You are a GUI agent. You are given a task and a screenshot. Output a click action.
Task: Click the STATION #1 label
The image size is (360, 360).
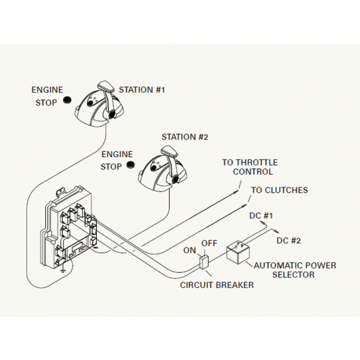click(141, 90)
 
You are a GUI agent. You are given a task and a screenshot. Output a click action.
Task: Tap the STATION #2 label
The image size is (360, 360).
click(185, 137)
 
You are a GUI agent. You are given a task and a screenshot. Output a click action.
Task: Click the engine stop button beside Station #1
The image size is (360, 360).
click(67, 100)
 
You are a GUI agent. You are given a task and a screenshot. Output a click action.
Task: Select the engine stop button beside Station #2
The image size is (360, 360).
click(131, 165)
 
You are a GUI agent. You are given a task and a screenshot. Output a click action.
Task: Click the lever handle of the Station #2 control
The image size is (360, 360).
click(169, 151)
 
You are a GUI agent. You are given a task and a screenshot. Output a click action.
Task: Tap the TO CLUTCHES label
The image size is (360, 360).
click(279, 190)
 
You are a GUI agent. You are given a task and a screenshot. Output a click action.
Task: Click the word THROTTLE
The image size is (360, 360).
click(257, 162)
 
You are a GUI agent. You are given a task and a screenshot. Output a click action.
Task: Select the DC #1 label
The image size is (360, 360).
click(261, 216)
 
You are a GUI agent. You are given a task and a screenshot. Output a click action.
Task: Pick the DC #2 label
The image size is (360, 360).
click(289, 241)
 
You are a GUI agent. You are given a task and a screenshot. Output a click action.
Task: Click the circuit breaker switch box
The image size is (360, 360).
click(204, 262)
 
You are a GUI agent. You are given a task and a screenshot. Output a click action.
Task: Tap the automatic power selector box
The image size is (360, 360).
click(238, 252)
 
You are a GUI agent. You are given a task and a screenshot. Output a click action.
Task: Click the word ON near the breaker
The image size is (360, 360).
click(190, 251)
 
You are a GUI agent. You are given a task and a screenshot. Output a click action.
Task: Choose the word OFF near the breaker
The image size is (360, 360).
click(209, 243)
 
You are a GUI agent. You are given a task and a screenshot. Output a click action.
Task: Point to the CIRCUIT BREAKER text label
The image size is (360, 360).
click(217, 285)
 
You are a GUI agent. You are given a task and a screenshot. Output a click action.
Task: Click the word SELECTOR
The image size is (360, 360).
click(293, 275)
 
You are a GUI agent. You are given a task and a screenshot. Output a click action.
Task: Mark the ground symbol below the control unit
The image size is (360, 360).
click(62, 270)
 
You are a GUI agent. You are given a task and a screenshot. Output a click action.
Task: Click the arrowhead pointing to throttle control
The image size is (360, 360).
click(236, 191)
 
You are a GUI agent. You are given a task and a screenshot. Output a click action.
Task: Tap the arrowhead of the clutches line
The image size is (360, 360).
click(245, 205)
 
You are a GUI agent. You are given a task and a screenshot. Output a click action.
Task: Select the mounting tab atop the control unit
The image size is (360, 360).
click(60, 191)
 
